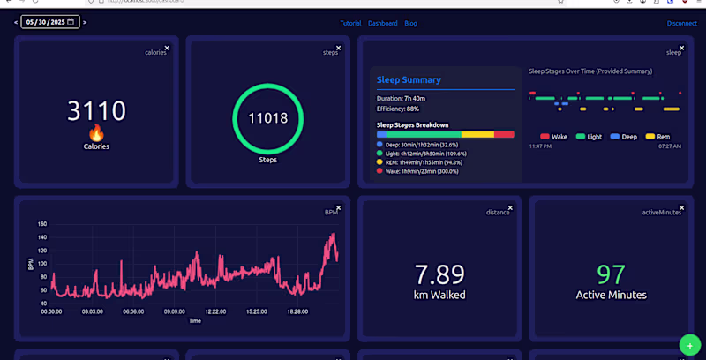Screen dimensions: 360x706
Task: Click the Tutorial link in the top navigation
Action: [350, 23]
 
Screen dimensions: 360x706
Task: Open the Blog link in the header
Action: [410, 23]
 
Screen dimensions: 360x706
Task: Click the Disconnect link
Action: [681, 23]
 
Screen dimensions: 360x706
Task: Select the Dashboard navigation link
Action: [382, 23]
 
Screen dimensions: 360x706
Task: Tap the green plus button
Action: [690, 345]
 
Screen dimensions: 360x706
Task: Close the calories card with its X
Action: [167, 49]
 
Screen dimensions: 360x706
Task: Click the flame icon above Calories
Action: [96, 132]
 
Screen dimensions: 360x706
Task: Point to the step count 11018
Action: [267, 118]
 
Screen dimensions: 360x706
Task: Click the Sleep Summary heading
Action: [409, 80]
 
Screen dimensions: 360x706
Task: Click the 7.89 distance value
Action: [439, 274]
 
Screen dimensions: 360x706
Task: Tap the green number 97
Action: [611, 274]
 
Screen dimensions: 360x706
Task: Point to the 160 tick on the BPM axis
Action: [42, 224]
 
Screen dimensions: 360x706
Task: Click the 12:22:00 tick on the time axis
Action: [214, 311]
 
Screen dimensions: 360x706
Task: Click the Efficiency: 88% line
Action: [398, 109]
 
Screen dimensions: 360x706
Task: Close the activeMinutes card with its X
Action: [681, 207]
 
